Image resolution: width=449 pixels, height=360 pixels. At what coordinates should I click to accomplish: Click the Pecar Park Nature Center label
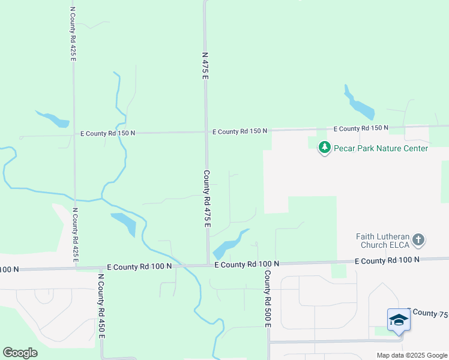tap(381, 148)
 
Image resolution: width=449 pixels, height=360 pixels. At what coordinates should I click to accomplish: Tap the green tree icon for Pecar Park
tap(325, 147)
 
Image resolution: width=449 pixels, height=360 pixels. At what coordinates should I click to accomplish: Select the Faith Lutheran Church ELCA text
tap(382, 241)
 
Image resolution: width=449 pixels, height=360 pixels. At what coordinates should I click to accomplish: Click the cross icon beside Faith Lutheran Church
tap(419, 241)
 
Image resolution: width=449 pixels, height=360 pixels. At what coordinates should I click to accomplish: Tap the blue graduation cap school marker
tap(399, 320)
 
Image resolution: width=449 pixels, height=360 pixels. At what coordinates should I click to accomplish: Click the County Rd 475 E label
tap(206, 199)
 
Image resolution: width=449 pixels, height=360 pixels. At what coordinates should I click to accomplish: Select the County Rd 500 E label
tap(267, 299)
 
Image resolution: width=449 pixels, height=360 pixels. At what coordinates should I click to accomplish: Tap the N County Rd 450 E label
tap(101, 306)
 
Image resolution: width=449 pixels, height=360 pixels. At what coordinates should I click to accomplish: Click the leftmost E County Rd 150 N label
tap(108, 133)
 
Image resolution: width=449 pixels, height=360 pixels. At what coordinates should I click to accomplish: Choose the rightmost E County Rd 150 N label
tap(361, 128)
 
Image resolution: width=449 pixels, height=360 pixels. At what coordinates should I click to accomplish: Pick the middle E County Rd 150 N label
tap(240, 131)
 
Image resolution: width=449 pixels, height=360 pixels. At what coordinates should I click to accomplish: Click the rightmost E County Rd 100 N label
tap(387, 260)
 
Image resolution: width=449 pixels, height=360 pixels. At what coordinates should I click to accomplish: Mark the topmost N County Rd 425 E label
tap(73, 34)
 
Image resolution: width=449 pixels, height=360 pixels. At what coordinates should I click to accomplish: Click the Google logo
tap(20, 353)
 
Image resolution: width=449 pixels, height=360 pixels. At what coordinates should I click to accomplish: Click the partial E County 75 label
tap(427, 313)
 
